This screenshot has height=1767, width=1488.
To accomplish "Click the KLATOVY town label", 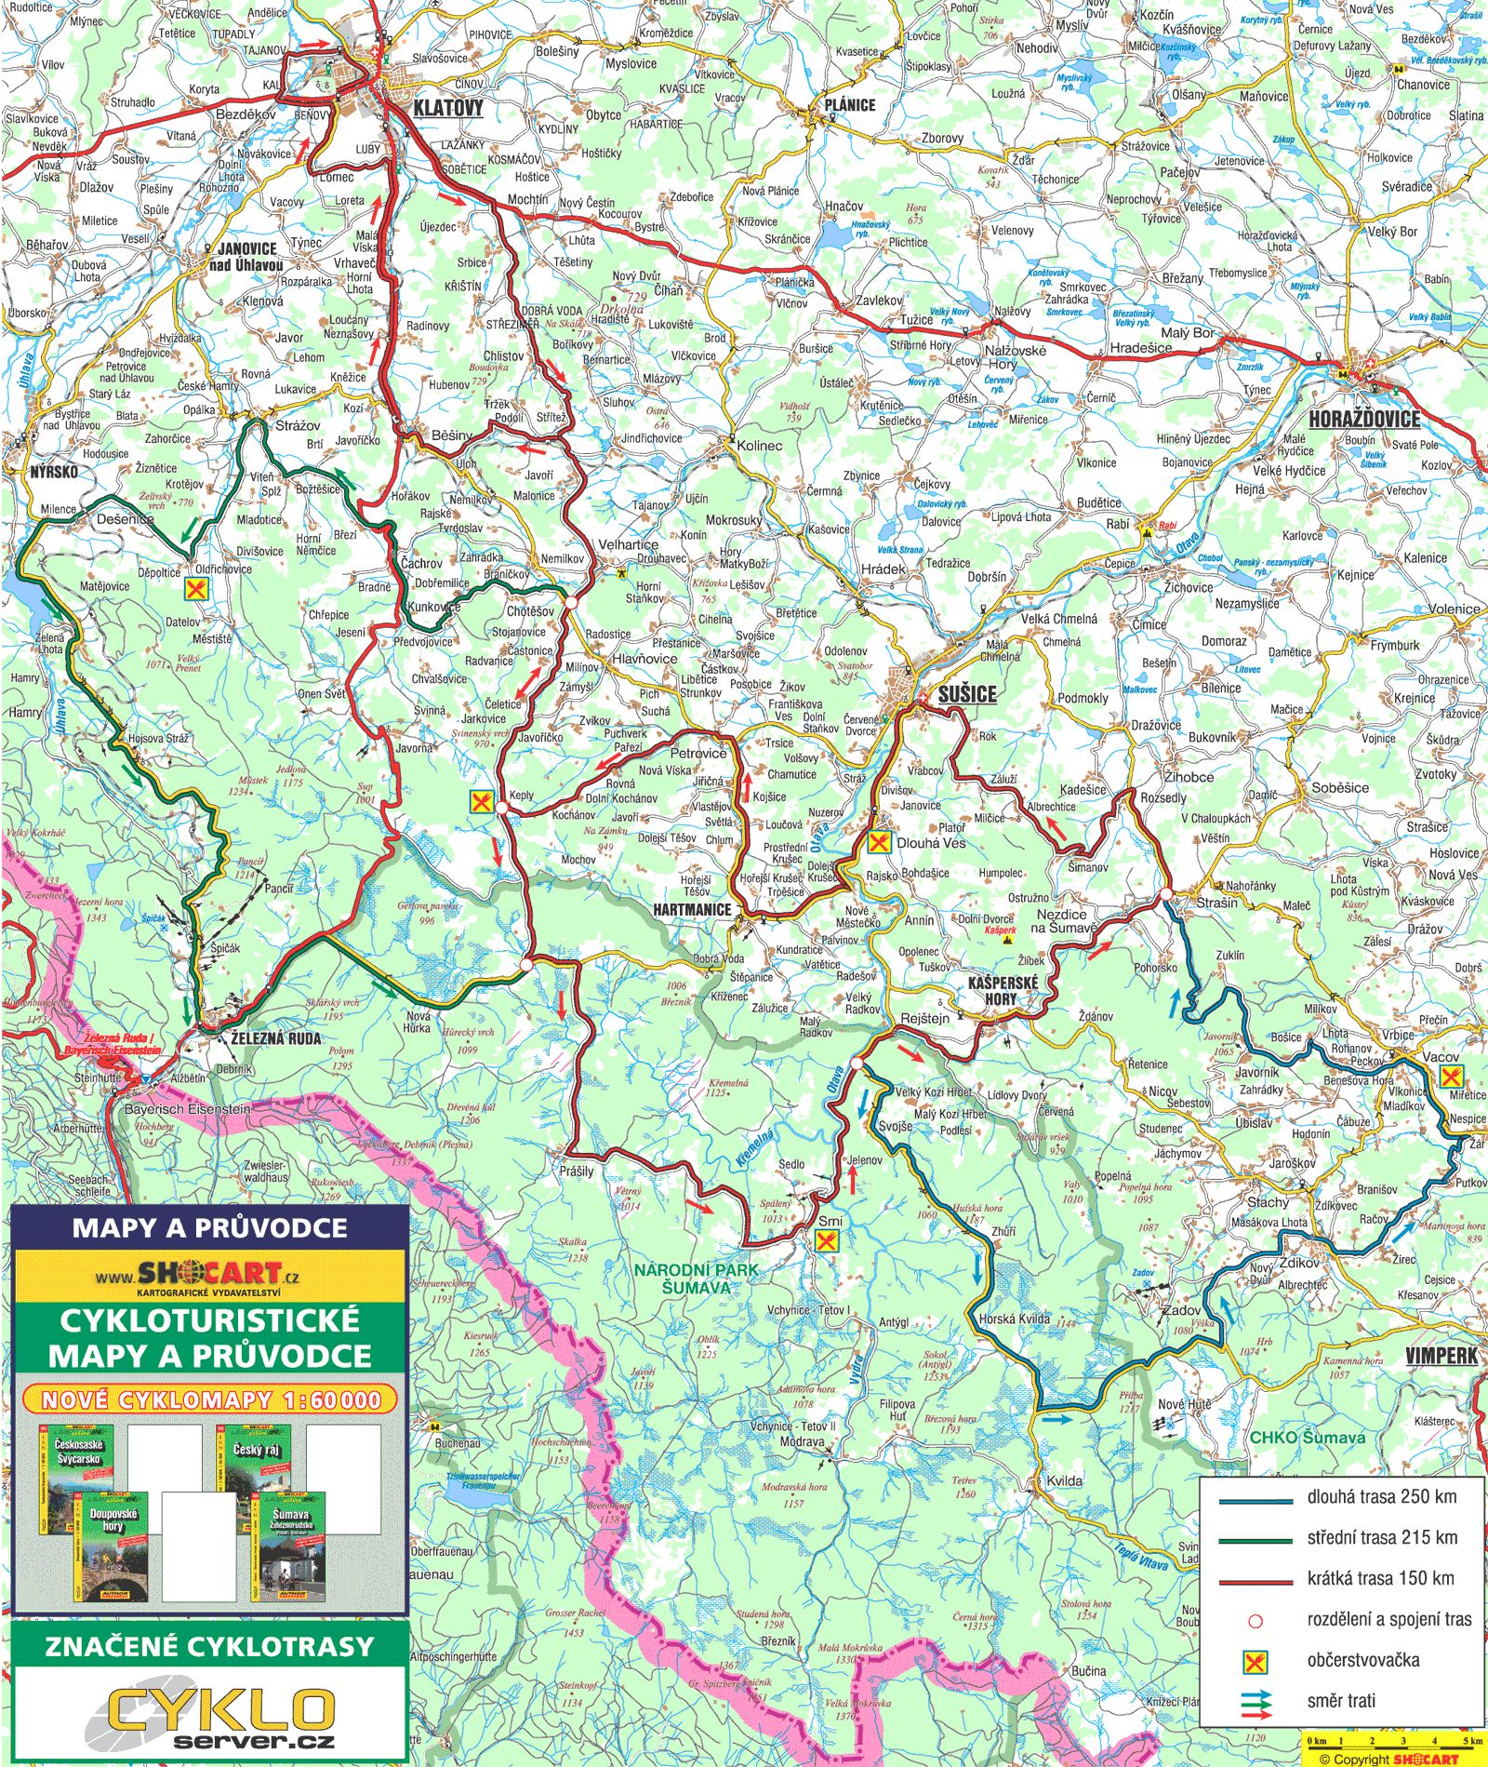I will point(448,108).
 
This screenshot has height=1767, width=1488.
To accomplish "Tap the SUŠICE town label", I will point(966,693).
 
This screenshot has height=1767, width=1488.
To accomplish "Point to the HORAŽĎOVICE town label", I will point(1364,419).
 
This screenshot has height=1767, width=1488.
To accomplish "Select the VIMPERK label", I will point(1441,1356).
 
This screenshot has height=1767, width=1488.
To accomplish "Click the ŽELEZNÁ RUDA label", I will point(275,1038).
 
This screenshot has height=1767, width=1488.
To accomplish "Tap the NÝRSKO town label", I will point(54,472).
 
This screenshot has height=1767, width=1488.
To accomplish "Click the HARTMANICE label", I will point(692,909).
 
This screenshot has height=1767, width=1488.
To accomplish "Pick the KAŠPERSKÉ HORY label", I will point(1002,990).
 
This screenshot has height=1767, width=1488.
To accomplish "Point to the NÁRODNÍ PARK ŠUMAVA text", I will point(697,1278).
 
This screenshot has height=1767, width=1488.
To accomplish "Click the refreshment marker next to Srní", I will point(826,1239).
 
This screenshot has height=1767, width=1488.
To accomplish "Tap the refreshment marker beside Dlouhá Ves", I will point(879,843).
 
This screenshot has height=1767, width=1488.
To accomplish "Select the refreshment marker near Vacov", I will point(1450,1077).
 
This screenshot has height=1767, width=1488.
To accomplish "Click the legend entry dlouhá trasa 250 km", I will point(1381,1497).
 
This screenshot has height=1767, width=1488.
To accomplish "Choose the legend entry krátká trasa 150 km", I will point(1380,1578).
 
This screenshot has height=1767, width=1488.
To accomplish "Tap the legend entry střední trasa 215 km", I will point(1381,1537).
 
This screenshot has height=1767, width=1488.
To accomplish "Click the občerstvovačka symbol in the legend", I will point(1255,1660).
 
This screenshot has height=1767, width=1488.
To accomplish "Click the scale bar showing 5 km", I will point(1392,1740).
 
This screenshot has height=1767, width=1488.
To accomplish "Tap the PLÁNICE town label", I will point(849,105).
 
